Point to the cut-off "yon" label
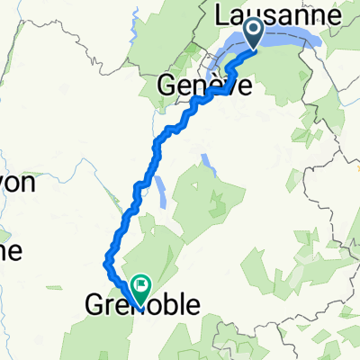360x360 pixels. coord(16,184)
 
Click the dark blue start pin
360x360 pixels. coord(253,33)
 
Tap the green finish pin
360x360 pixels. coord(141,287)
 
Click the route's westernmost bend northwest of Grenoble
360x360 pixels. coord(106,263)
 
